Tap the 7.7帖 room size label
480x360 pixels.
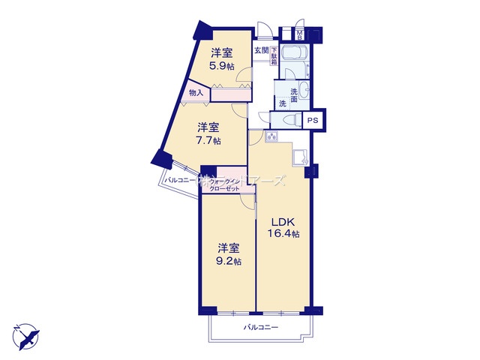(x=208, y=140)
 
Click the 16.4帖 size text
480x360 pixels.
(x=284, y=234)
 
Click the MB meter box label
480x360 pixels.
(x=299, y=34)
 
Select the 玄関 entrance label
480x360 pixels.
(x=260, y=51)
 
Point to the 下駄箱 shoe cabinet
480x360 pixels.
(x=274, y=56)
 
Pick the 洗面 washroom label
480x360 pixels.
(x=294, y=94)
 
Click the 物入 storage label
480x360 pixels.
(x=196, y=93)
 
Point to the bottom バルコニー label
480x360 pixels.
(x=261, y=328)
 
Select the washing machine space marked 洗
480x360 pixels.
(x=282, y=103)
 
